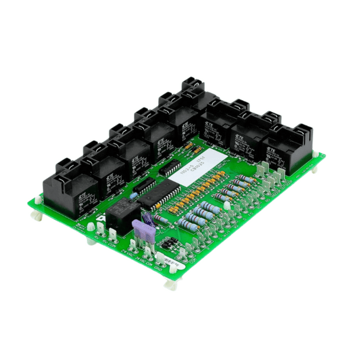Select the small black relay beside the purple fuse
pyautogui.click(x=122, y=211)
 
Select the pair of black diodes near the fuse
pyautogui.click(x=171, y=242)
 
